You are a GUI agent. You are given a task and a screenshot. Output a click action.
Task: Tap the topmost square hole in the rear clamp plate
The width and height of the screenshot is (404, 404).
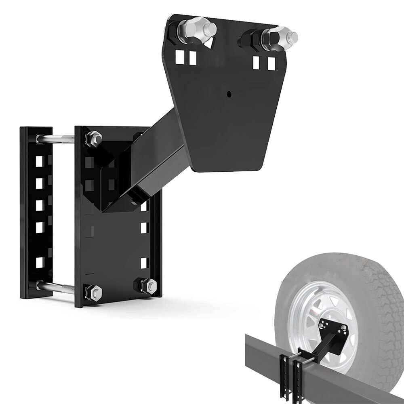point(39,162)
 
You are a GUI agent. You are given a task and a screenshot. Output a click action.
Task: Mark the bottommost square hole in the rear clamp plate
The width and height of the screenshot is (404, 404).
point(39,262)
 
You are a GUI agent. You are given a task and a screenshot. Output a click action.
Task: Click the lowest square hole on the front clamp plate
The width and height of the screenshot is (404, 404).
point(143,263)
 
